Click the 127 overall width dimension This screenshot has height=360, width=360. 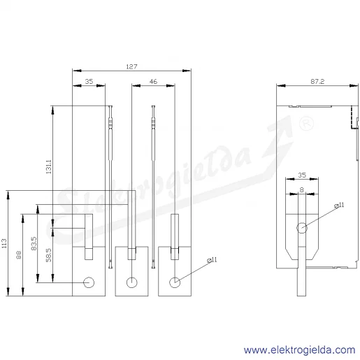click(x=131, y=66)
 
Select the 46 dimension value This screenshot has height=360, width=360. click(x=153, y=82)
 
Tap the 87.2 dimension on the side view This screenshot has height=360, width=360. click(x=317, y=82)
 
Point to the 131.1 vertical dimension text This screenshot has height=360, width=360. click(x=48, y=166)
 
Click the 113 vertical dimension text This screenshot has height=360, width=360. click(x=4, y=243)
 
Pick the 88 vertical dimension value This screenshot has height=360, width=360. click(x=19, y=254)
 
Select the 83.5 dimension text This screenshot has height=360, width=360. click(x=34, y=243)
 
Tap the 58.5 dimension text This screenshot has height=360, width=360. click(x=48, y=255)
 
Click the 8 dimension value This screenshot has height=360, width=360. click(x=302, y=190)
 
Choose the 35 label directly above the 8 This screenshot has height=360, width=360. click(x=302, y=175)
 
